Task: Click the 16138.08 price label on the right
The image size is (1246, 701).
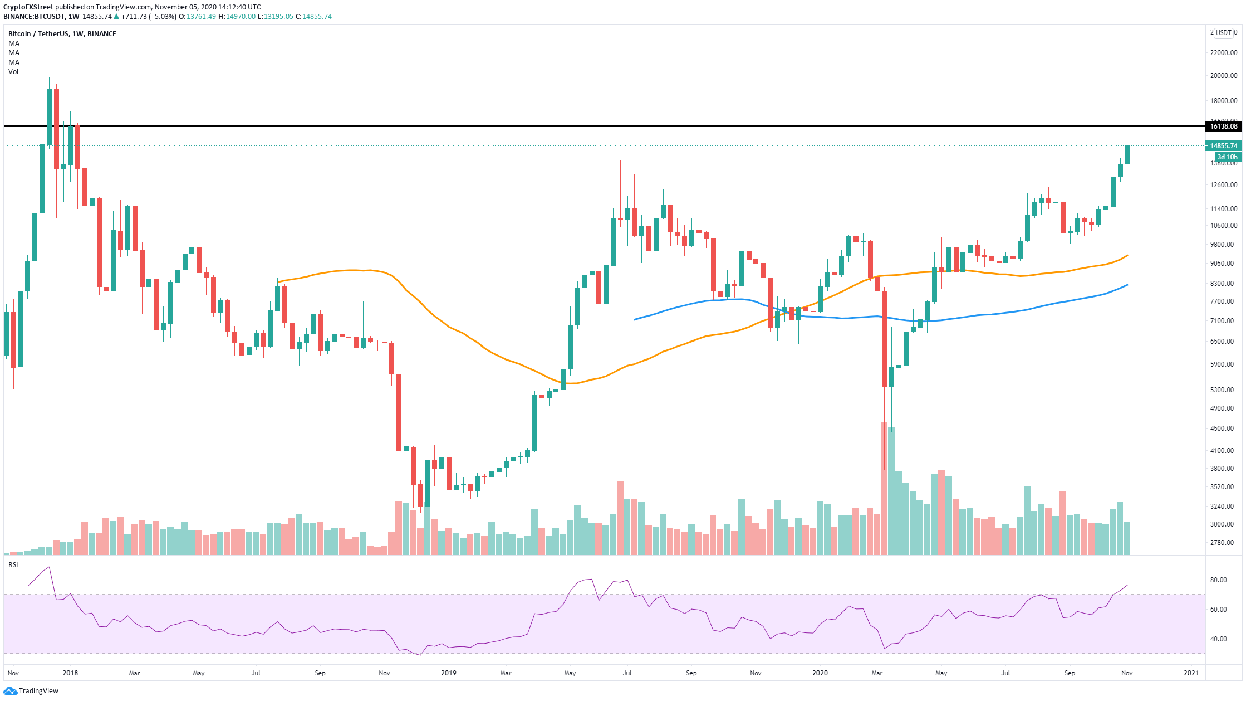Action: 1223,126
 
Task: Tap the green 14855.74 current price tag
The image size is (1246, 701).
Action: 1223,146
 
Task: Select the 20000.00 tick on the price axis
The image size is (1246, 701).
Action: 1223,76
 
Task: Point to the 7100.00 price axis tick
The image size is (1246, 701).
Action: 1223,321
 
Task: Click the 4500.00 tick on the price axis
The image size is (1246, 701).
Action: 1223,429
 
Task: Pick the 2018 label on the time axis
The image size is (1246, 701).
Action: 70,673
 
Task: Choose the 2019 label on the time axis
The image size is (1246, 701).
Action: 448,673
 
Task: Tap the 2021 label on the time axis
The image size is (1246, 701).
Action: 1191,673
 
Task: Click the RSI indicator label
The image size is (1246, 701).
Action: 13,565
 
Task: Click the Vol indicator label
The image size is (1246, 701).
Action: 13,72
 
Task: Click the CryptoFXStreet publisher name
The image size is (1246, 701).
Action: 28,7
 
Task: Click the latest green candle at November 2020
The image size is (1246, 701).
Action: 1127,155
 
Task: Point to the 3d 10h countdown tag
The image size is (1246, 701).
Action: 1227,157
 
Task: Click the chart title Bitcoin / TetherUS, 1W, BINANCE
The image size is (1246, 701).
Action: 62,34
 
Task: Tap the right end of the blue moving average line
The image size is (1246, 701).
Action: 1127,285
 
